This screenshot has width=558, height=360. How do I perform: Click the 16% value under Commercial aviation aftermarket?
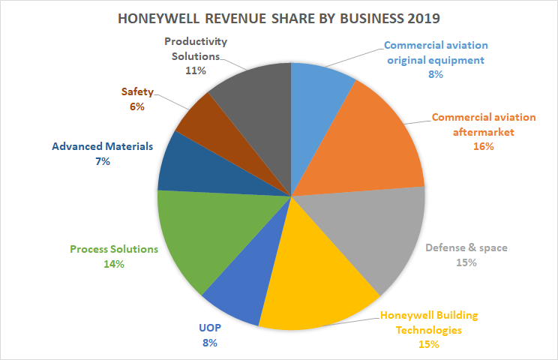[x=484, y=146]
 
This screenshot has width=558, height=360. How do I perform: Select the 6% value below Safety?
[x=136, y=107]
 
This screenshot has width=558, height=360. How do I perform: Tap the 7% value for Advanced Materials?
[x=102, y=161]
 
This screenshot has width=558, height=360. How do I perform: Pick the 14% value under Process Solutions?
[x=114, y=264]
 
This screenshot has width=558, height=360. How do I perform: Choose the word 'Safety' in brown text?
[x=136, y=92]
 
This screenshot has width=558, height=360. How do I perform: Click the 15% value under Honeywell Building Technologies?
[x=429, y=344]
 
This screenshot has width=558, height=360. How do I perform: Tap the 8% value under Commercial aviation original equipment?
[x=436, y=74]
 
